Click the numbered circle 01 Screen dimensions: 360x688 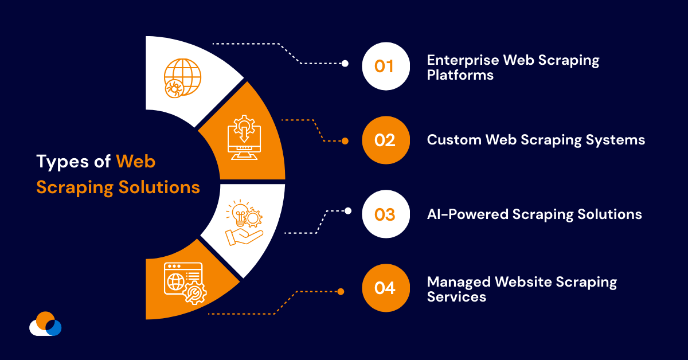[x=385, y=66]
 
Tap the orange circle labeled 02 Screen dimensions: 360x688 [x=385, y=140]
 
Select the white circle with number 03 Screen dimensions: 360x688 [x=385, y=214]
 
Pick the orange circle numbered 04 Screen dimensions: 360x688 [x=385, y=288]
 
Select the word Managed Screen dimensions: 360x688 [x=459, y=282]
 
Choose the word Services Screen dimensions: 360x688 [x=456, y=297]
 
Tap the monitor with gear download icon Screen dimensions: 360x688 [x=244, y=138]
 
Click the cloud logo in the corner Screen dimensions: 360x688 [x=45, y=324]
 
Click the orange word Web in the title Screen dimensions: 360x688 [x=136, y=162]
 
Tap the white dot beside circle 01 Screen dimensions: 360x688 [x=345, y=64]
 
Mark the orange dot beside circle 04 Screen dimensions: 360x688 [x=341, y=291]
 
